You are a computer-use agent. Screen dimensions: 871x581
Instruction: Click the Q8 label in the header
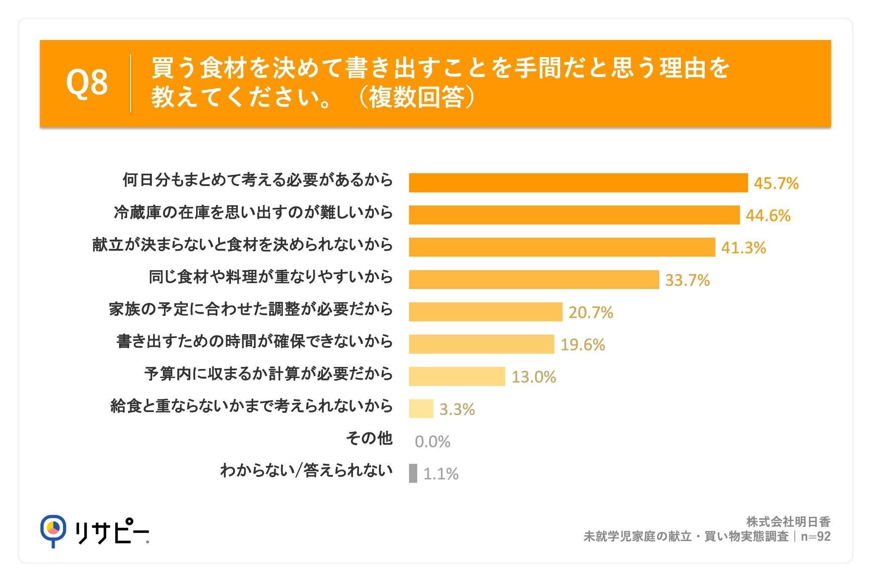pyautogui.click(x=87, y=83)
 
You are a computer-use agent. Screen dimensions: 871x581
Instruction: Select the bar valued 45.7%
pyautogui.click(x=578, y=183)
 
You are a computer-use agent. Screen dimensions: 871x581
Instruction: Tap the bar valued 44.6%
pyautogui.click(x=574, y=215)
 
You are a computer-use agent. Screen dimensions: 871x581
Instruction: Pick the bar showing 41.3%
pyautogui.click(x=562, y=247)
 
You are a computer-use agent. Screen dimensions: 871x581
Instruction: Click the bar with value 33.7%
pyautogui.click(x=534, y=280)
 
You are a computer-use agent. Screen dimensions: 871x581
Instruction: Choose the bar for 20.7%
pyautogui.click(x=486, y=312)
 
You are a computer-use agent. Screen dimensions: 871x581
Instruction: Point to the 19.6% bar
pyautogui.click(x=482, y=344)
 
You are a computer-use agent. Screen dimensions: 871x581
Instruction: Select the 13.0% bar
pyautogui.click(x=457, y=376)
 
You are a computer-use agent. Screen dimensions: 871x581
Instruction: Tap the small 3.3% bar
pyautogui.click(x=421, y=409)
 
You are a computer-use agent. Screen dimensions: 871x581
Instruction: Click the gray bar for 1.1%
pyautogui.click(x=413, y=473)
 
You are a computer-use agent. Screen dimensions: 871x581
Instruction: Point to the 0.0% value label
pyautogui.click(x=433, y=442)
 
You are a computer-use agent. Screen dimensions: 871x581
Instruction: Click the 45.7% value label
pyautogui.click(x=776, y=183)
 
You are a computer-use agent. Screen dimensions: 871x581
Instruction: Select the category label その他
pyautogui.click(x=369, y=438)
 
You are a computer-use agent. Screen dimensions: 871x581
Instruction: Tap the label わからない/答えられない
pyautogui.click(x=306, y=471)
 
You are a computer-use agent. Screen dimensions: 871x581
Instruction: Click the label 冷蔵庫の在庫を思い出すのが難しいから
pyautogui.click(x=253, y=212)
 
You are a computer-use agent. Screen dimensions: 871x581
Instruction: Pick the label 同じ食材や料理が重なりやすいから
pyautogui.click(x=271, y=277)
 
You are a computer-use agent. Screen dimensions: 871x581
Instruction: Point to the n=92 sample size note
pyautogui.click(x=816, y=536)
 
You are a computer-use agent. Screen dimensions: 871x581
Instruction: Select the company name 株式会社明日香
pyautogui.click(x=788, y=522)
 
